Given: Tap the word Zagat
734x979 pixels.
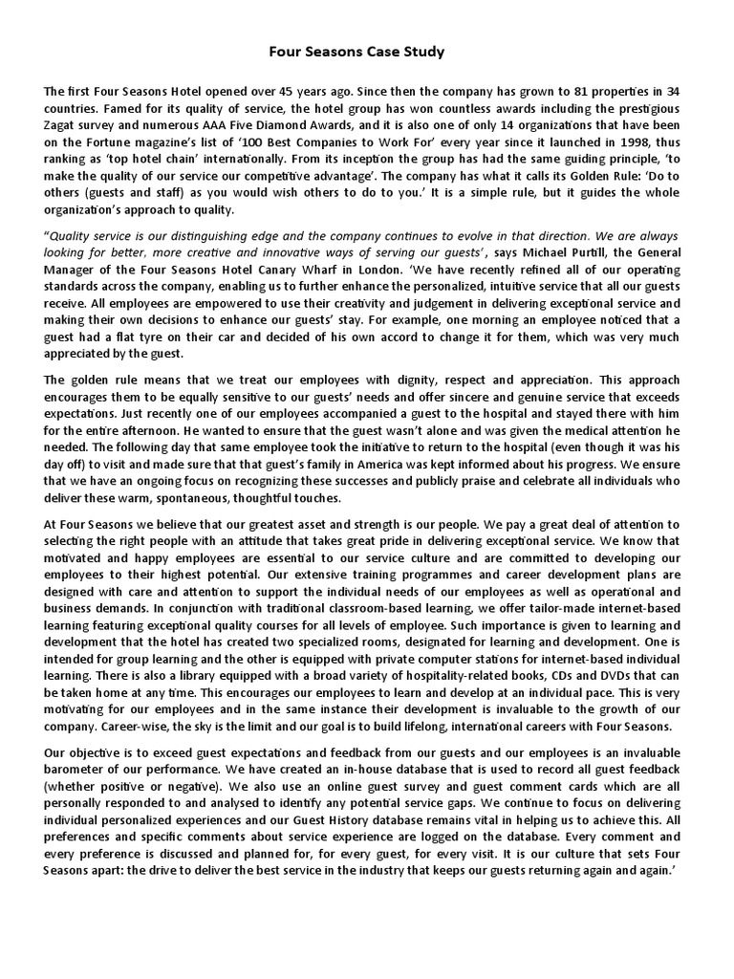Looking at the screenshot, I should [63, 124].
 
